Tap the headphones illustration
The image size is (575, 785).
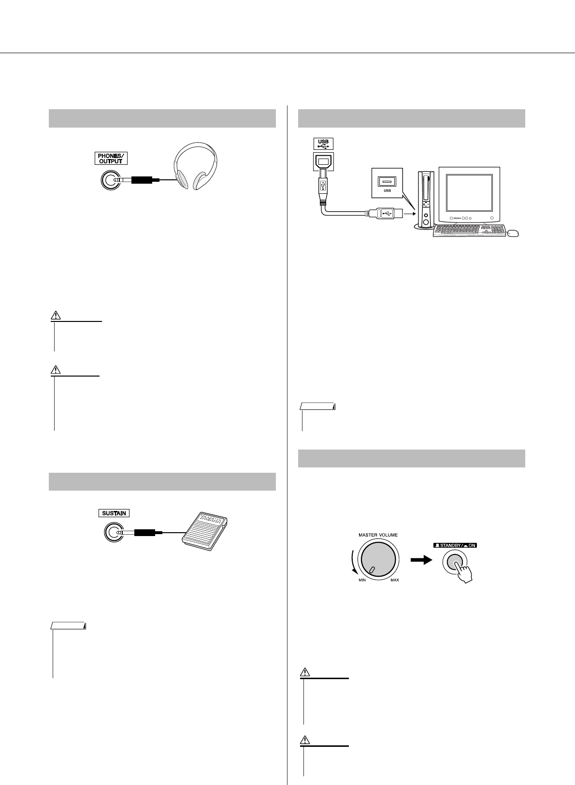pos(195,167)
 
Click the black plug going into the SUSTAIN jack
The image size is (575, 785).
pos(144,533)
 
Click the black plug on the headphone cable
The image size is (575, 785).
pos(144,180)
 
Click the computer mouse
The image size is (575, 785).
pos(513,234)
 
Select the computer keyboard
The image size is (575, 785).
pos(468,231)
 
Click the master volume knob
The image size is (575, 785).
pos(377,558)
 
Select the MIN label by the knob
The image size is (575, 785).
pos(362,580)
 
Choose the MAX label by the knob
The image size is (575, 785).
pos(395,580)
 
